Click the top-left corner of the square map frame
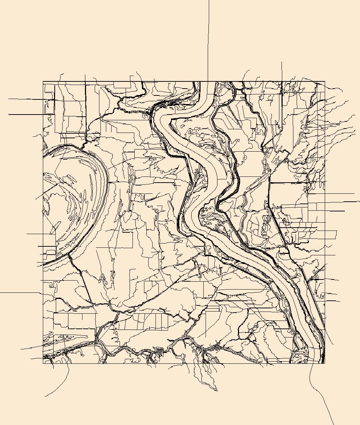click(43, 82)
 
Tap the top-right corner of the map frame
click(325, 82)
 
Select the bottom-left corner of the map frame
click(43, 363)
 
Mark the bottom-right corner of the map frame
click(325, 363)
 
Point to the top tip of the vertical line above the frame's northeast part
click(282, 62)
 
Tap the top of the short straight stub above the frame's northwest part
click(85, 75)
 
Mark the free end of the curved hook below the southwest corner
click(45, 396)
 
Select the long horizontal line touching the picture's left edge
click(18, 293)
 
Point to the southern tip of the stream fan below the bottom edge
click(217, 390)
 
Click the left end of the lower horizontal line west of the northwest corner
click(9, 115)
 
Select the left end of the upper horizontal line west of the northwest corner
click(9, 99)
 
